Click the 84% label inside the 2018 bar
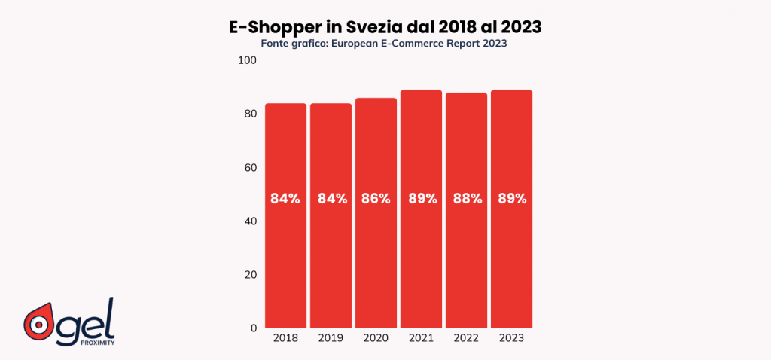pos(285,199)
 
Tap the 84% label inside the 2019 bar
pos(331,199)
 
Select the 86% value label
pos(376,199)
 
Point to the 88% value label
pos(467,199)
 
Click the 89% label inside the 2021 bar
pos(422,199)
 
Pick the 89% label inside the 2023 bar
pos(512,199)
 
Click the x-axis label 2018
pos(285,340)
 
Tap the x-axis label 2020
pos(376,340)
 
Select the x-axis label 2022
pos(467,340)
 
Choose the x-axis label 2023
pos(512,340)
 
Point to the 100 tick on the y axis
pos(248,59)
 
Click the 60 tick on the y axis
pos(250,167)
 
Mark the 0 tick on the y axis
pos(254,328)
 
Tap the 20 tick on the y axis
pos(250,275)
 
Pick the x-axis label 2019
pos(331,340)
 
